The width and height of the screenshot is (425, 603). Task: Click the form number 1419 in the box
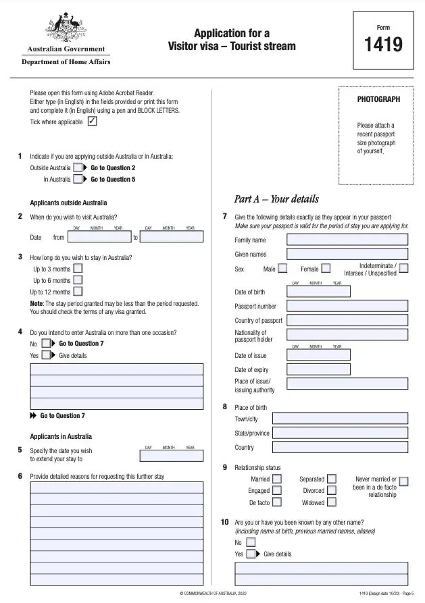pyautogui.click(x=383, y=45)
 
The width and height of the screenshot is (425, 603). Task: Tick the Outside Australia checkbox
pyautogui.click(x=78, y=167)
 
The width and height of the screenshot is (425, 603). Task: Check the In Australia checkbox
pyautogui.click(x=78, y=179)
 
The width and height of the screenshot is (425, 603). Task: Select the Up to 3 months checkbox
pyautogui.click(x=78, y=269)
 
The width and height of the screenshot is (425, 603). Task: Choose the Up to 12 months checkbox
pyautogui.click(x=78, y=292)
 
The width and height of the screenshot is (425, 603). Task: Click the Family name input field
pyautogui.click(x=347, y=240)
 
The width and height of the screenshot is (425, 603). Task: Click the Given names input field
pyautogui.click(x=347, y=254)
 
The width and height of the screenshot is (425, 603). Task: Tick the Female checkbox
pyautogui.click(x=326, y=269)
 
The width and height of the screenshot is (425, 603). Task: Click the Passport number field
pyautogui.click(x=347, y=306)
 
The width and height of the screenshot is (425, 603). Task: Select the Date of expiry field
pyautogui.click(x=319, y=369)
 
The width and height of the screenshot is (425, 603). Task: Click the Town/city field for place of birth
pyautogui.click(x=340, y=419)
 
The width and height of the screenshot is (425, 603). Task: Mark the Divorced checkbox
pyautogui.click(x=332, y=491)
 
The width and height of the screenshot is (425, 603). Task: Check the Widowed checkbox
pyautogui.click(x=332, y=502)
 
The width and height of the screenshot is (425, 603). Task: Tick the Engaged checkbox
pyautogui.click(x=277, y=491)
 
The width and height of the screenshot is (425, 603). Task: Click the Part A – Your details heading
pyautogui.click(x=276, y=199)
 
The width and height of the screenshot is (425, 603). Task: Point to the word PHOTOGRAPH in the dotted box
pyautogui.click(x=378, y=99)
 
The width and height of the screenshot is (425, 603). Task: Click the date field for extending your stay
pyautogui.click(x=171, y=456)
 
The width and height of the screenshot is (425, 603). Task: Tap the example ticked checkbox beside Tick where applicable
pyautogui.click(x=92, y=122)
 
